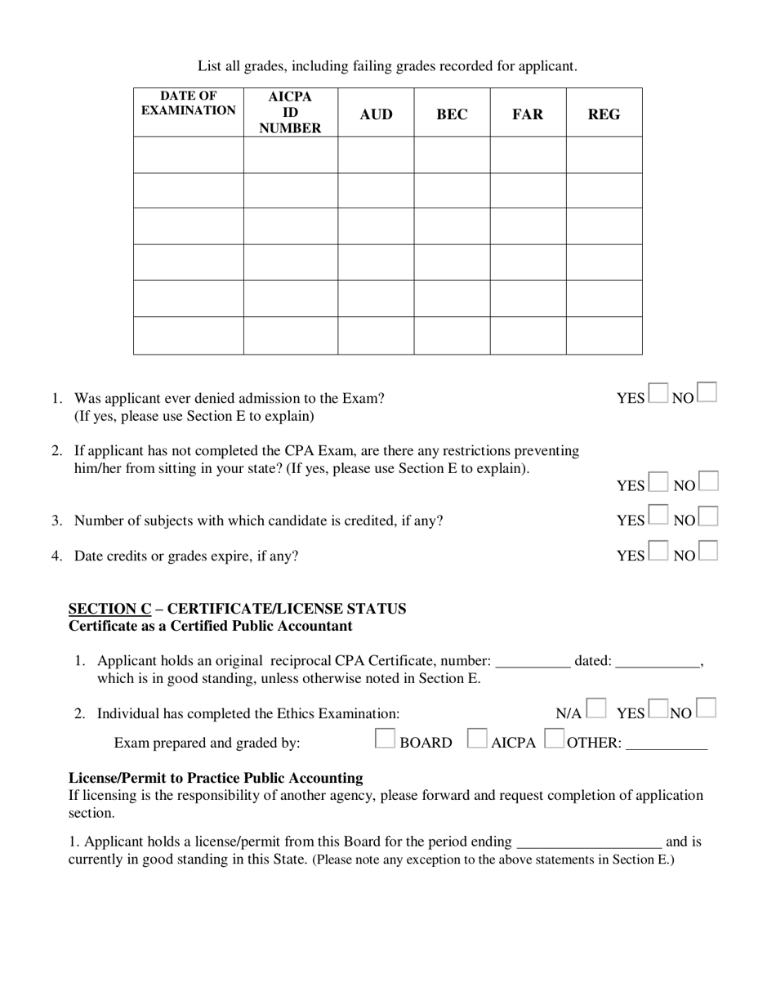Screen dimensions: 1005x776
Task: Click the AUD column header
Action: [376, 114]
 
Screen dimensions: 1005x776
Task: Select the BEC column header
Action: [452, 114]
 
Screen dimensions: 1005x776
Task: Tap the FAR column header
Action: [528, 114]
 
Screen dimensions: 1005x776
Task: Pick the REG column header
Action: [604, 114]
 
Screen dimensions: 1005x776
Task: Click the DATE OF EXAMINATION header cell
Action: [189, 104]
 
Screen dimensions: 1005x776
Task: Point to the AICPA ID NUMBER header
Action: [290, 112]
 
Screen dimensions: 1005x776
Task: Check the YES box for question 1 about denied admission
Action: [658, 394]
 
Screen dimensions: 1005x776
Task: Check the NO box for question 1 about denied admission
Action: [707, 393]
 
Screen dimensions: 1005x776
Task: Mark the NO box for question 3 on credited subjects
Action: [708, 516]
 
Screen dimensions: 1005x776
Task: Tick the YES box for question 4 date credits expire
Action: [658, 552]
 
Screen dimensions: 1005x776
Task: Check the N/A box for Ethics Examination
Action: [595, 708]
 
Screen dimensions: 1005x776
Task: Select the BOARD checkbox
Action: [385, 739]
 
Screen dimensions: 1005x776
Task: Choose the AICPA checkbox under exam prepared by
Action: [477, 739]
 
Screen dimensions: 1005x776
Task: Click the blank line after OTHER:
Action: [667, 744]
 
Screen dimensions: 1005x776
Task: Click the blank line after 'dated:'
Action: [658, 663]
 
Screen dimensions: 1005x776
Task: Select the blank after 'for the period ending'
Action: [589, 843]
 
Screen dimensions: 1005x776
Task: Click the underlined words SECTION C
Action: [109, 609]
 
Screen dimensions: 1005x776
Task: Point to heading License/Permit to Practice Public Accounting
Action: [216, 778]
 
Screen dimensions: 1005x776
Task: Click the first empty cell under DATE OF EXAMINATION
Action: [189, 154]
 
